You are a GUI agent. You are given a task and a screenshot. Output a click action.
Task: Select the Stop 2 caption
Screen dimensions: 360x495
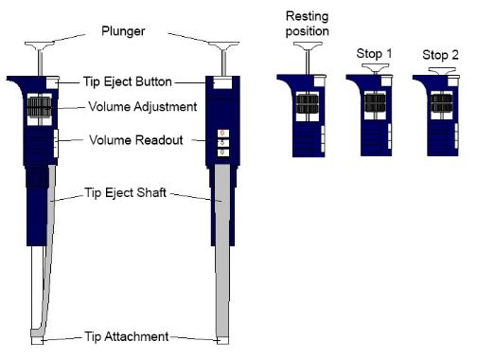coord(439,55)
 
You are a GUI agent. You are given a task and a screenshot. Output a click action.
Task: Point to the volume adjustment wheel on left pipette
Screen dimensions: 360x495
coord(38,107)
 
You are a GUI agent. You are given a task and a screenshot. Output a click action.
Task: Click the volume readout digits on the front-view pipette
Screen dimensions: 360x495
coord(222,142)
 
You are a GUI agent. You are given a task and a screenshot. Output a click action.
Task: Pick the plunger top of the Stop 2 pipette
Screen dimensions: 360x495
coord(439,70)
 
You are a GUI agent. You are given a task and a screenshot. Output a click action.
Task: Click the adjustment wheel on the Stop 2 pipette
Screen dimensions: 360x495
coord(439,101)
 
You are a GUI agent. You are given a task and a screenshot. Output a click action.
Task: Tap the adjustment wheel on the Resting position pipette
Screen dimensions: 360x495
coord(309,101)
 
